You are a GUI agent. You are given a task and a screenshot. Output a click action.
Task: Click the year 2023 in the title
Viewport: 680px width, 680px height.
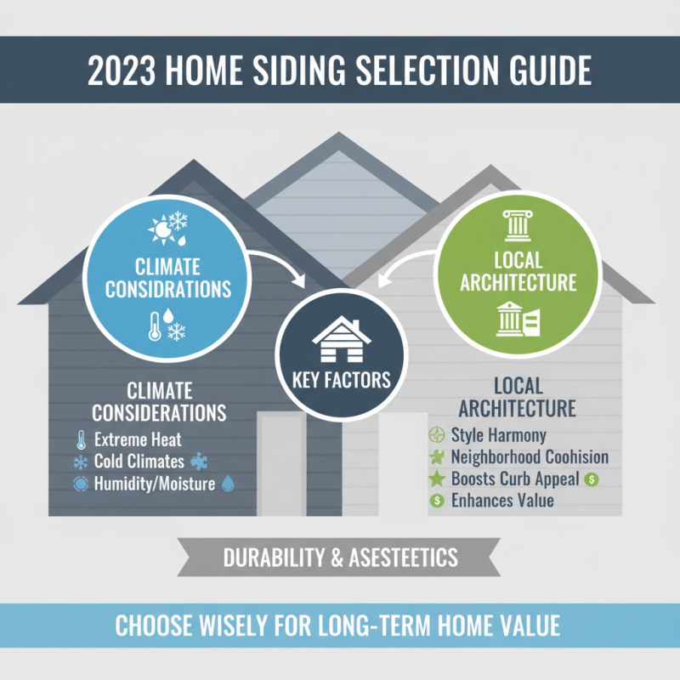(x=122, y=71)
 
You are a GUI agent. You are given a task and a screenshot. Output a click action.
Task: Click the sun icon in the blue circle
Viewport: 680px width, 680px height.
(x=159, y=228)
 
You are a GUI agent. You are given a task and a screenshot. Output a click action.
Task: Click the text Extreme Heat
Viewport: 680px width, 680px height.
(x=138, y=440)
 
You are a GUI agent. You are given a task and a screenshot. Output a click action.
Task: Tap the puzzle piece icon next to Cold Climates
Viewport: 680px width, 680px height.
(x=201, y=462)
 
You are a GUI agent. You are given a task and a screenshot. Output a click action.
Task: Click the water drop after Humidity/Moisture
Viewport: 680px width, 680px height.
(x=227, y=483)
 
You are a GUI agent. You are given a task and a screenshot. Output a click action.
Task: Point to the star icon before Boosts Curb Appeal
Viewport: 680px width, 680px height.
(x=436, y=479)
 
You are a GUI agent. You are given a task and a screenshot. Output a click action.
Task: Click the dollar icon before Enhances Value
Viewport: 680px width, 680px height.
(x=437, y=501)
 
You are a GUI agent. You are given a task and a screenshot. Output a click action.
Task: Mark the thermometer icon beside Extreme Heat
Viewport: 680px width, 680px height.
(x=81, y=440)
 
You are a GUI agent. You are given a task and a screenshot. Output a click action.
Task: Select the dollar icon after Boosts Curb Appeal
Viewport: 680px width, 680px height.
(x=592, y=479)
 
